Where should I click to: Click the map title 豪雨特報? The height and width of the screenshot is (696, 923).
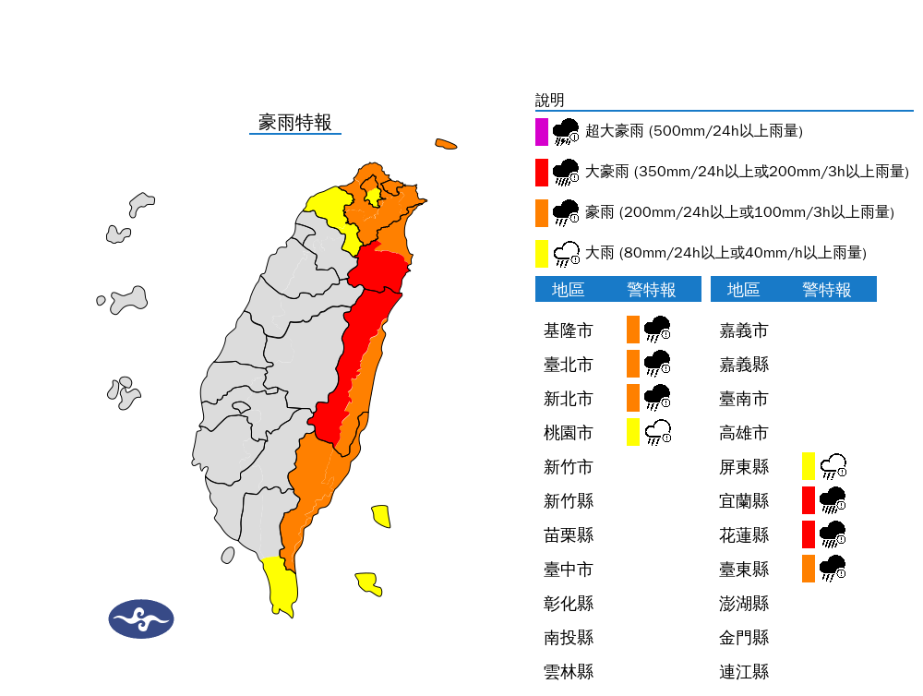tap(294, 123)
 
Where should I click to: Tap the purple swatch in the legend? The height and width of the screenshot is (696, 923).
tap(542, 131)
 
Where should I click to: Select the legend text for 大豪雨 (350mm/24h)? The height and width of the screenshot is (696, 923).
tap(747, 172)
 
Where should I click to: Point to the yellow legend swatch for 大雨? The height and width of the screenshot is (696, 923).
tap(542, 252)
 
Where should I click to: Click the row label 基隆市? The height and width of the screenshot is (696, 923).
tap(568, 330)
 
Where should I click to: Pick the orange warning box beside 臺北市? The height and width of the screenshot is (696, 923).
tap(633, 364)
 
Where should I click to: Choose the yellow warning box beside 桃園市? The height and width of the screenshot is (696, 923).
tap(633, 432)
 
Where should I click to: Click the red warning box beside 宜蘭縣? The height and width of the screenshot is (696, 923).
tap(809, 500)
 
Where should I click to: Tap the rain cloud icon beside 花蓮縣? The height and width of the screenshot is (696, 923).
tap(833, 534)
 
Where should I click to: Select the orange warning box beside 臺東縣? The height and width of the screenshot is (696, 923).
tap(809, 569)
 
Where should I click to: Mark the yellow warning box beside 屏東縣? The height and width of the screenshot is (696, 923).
tap(809, 466)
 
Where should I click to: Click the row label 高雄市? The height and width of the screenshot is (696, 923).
tap(743, 433)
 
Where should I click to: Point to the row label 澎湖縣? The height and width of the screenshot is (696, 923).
tap(743, 604)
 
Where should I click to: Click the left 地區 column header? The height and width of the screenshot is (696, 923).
tap(568, 290)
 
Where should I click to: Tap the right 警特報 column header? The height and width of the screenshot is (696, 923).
tap(826, 290)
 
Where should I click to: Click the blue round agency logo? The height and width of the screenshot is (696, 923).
tap(141, 619)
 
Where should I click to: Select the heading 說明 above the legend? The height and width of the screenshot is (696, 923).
tap(549, 101)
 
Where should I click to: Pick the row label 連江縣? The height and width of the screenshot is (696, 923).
tap(743, 672)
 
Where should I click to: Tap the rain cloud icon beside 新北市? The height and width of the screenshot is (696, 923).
tap(657, 398)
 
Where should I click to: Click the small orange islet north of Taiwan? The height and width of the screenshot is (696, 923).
tap(446, 144)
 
